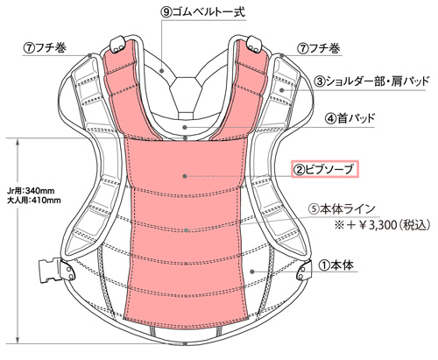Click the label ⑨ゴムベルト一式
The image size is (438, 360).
tap(203, 12)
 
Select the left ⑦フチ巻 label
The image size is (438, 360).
tap(46, 47)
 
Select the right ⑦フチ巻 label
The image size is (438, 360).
tap(320, 47)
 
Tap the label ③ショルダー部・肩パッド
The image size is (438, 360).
tap(371, 81)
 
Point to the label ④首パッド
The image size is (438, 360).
tap(350, 118)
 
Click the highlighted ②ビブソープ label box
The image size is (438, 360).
tap(324, 169)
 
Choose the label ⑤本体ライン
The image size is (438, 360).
tap(342, 208)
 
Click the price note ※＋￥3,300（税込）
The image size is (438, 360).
tap(383, 225)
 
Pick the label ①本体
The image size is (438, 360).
tap(336, 265)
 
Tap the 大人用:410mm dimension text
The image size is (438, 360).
tap(34, 201)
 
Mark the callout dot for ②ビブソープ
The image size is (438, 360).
tap(185, 176)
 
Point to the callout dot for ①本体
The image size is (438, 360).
tap(252, 272)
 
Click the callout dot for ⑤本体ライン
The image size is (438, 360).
tap(187, 230)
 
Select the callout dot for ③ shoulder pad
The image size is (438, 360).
tap(281, 90)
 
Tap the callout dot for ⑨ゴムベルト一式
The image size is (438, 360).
tap(161, 70)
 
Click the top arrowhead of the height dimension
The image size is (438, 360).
tap(18, 142)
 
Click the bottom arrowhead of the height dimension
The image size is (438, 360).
tap(18, 340)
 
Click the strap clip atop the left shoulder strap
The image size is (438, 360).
tap(117, 45)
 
